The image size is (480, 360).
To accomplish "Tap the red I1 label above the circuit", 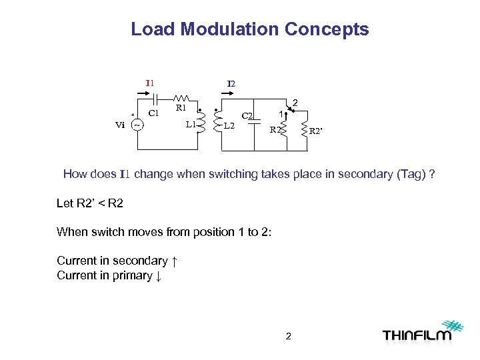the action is (150, 83).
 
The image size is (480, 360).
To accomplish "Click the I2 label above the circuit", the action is (231, 84).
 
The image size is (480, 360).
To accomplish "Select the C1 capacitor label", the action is (153, 113).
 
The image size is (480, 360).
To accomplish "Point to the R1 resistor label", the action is (180, 107).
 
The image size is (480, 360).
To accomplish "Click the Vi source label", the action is (120, 125).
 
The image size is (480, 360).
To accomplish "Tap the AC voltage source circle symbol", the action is (137, 125).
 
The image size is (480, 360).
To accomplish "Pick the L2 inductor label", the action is (229, 125).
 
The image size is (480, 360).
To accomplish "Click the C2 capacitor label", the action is (247, 116).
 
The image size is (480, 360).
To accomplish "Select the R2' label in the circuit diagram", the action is (317, 131).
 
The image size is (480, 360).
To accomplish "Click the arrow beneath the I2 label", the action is (231, 95).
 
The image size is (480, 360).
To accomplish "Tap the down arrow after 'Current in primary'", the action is (158, 275).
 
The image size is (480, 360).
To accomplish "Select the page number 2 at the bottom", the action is (288, 336).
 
